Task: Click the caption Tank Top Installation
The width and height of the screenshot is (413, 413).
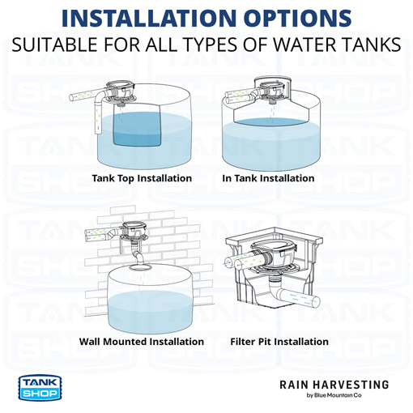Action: [142, 178]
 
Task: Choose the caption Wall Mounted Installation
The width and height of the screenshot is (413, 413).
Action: [142, 341]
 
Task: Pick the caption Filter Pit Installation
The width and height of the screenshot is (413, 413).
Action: [279, 341]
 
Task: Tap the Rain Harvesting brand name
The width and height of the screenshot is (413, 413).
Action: [334, 384]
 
